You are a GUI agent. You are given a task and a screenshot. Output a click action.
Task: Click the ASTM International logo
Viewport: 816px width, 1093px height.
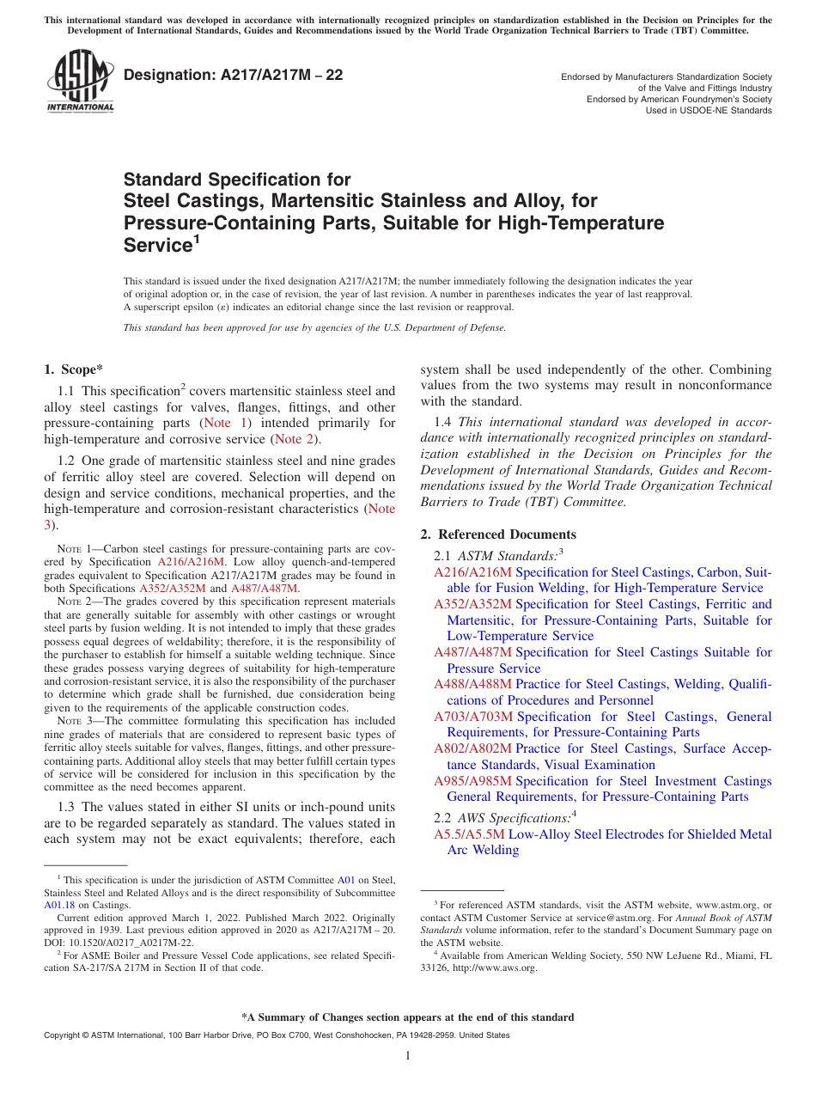click(x=80, y=82)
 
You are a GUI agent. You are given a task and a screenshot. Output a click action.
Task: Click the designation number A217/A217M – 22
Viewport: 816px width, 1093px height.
click(x=234, y=76)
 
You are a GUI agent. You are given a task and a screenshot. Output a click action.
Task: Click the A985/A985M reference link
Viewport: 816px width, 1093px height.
click(x=472, y=781)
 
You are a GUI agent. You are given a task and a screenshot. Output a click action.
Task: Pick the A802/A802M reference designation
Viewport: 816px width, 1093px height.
click(x=472, y=748)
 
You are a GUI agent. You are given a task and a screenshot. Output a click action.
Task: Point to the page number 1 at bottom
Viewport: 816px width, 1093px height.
click(x=407, y=1055)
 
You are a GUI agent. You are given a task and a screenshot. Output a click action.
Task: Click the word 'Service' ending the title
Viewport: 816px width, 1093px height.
click(x=156, y=246)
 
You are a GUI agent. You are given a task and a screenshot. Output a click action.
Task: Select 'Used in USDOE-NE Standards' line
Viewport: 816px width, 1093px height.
click(x=709, y=110)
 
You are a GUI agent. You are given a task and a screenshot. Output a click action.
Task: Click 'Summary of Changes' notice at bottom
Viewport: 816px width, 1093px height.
click(x=407, y=1017)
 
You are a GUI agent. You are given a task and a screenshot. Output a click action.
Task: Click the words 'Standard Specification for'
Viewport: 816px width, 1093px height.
click(x=237, y=180)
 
